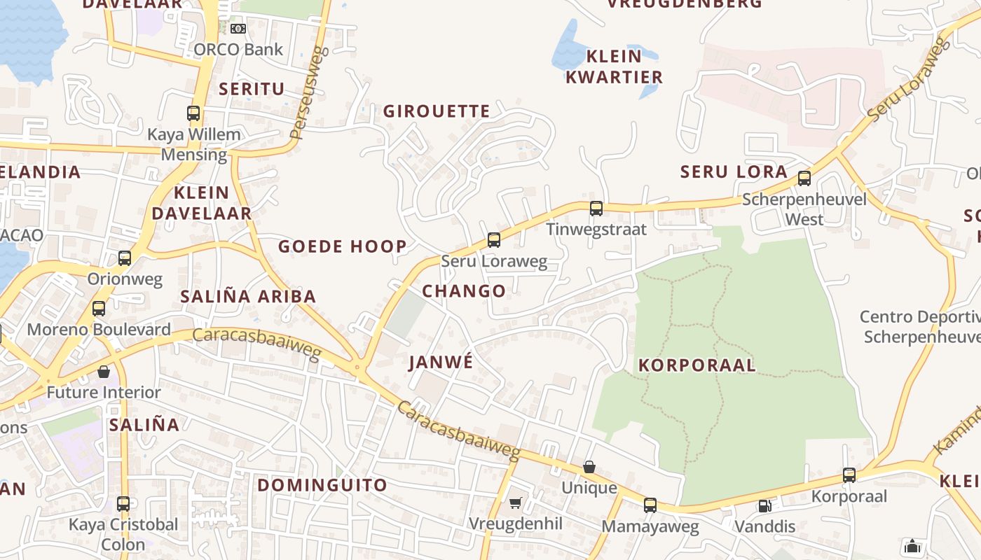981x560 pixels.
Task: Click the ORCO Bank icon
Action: click(238, 29)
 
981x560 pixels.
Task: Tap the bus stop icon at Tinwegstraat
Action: click(596, 208)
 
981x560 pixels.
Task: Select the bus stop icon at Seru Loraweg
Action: click(494, 240)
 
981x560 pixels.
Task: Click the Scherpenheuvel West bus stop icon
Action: click(804, 178)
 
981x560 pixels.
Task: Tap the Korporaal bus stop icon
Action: click(849, 475)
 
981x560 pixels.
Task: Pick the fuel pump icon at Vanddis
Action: click(765, 505)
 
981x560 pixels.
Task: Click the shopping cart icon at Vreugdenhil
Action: click(516, 503)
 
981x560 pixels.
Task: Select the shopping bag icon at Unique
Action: click(589, 467)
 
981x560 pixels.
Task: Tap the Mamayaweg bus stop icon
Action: click(650, 505)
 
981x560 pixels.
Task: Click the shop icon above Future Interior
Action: click(104, 372)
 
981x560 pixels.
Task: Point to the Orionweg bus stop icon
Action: click(125, 258)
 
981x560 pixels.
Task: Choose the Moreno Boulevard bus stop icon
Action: click(99, 309)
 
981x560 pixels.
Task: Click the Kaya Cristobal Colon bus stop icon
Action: click(123, 503)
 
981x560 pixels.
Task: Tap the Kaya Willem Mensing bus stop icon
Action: click(193, 113)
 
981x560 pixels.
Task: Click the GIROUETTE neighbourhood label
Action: click(437, 111)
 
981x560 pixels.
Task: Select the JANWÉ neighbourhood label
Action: click(441, 363)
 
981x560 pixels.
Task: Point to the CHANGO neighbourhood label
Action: click(464, 291)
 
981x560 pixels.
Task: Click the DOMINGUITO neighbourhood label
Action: click(322, 485)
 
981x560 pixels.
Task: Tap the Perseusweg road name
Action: click(308, 93)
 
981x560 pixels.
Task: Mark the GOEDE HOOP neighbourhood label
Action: click(342, 246)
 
